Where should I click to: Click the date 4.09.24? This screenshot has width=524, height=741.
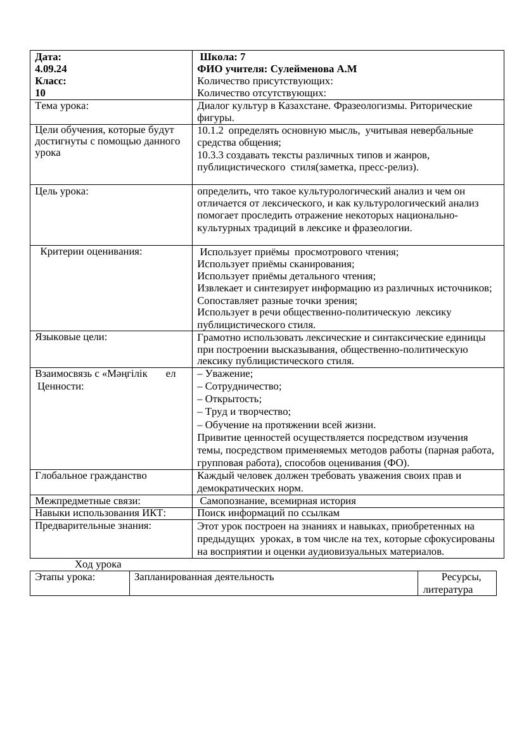51,69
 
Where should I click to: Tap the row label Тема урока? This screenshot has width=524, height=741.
62,106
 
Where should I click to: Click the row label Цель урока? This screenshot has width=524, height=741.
62,191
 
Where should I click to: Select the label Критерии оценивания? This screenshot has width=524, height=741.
91,251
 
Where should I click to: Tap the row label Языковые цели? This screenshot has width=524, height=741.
71,337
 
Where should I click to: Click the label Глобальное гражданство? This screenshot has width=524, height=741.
91,476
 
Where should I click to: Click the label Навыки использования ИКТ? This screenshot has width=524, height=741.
100,513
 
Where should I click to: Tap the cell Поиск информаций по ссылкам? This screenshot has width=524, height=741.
269,513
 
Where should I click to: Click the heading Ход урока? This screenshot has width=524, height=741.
98,564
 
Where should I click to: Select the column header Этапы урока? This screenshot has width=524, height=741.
65,577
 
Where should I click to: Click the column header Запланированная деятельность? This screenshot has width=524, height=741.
204,577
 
